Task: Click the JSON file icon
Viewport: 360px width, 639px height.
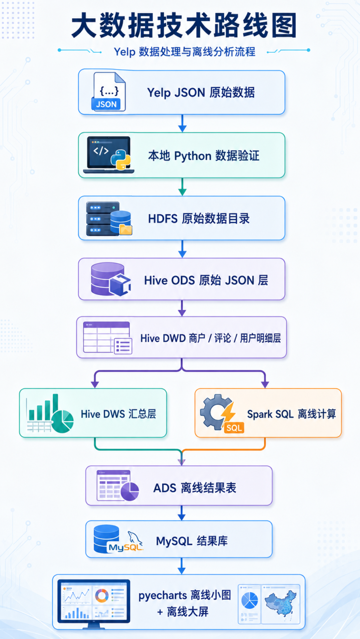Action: click(108, 91)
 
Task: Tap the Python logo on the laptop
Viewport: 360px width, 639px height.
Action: click(121, 159)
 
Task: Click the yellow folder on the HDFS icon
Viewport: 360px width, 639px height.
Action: click(126, 229)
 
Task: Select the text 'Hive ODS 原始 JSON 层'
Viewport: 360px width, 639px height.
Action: click(206, 280)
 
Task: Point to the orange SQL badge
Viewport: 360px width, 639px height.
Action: click(234, 427)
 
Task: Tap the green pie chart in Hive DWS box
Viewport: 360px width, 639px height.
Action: click(62, 422)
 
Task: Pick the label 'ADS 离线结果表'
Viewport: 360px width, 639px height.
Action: click(195, 488)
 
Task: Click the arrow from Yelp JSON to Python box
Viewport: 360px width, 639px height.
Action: click(182, 123)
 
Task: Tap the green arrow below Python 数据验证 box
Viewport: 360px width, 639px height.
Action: click(182, 187)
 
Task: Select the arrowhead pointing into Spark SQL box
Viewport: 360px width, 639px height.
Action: click(265, 384)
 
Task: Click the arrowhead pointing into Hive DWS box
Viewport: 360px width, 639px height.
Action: click(95, 384)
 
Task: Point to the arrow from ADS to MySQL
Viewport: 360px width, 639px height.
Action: click(181, 513)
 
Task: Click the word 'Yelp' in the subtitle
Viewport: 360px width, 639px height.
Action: click(124, 52)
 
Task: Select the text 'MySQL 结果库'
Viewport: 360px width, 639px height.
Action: click(192, 541)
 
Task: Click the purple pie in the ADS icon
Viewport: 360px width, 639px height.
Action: click(130, 491)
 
